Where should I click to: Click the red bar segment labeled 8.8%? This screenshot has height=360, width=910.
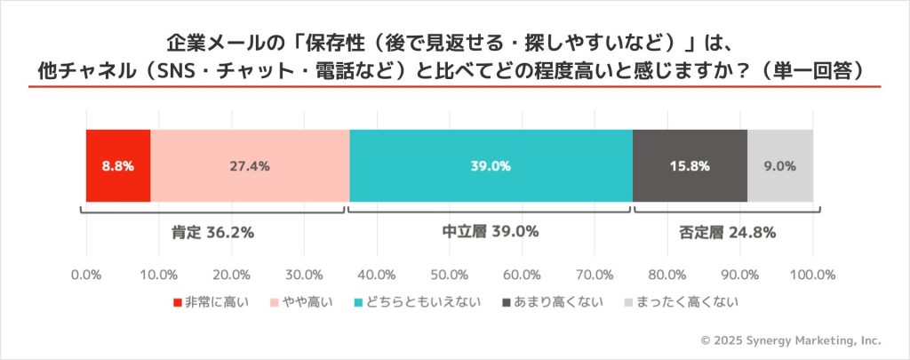(118, 165)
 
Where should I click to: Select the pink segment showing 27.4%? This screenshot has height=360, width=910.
(250, 165)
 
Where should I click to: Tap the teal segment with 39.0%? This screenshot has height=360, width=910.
(491, 165)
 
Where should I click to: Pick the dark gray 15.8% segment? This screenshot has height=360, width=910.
(690, 165)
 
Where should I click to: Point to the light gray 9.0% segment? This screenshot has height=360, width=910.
(780, 165)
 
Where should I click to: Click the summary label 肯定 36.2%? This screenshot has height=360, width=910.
(212, 233)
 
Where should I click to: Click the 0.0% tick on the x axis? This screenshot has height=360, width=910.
(86, 273)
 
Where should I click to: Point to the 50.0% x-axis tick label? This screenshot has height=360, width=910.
(450, 273)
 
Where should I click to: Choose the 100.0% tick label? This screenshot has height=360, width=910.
(812, 273)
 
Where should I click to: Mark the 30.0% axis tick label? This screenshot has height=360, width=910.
(304, 273)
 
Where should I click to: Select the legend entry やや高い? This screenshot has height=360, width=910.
(301, 302)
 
